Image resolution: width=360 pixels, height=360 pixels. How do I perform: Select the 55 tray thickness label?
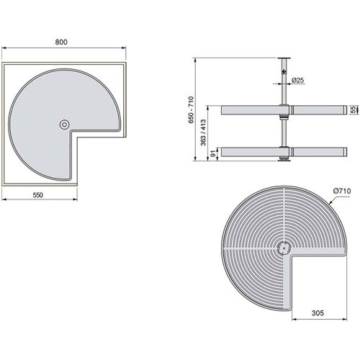(x=354, y=110)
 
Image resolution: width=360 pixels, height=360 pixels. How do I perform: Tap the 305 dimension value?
(x=318, y=313)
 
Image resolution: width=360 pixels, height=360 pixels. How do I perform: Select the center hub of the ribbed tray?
(x=282, y=248)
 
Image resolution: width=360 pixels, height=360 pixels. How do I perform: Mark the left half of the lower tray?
(x=251, y=152)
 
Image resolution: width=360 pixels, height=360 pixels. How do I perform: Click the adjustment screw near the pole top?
(x=286, y=72)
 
